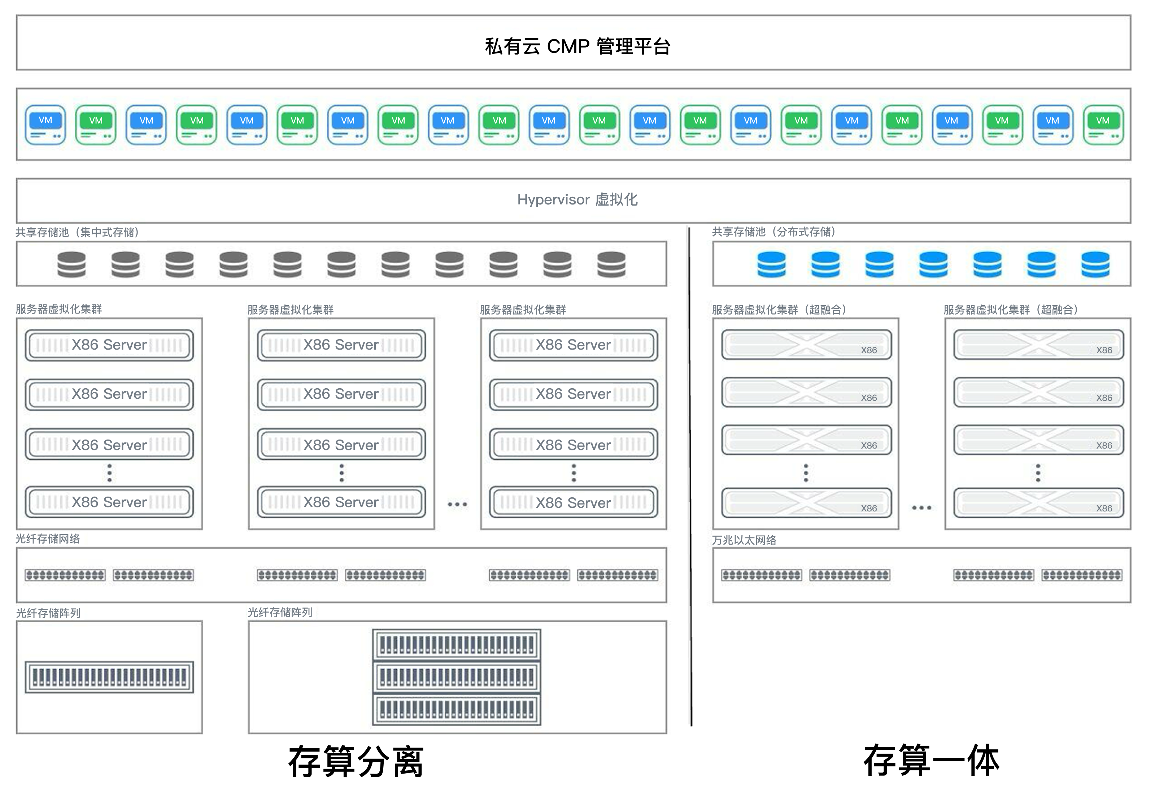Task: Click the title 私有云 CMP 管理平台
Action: [577, 46]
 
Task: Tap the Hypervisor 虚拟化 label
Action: [577, 199]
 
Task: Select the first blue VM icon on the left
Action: [45, 125]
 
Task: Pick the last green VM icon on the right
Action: [1103, 125]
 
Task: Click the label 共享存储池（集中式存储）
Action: [77, 233]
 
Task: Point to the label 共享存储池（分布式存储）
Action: [773, 232]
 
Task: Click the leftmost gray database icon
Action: [71, 264]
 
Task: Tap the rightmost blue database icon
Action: [1095, 264]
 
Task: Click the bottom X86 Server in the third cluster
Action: [573, 502]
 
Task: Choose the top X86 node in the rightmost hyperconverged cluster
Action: [1038, 345]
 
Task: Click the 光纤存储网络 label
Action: [48, 538]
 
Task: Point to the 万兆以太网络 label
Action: [744, 540]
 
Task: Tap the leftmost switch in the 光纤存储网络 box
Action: [65, 575]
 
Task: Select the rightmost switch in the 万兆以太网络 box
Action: [1082, 575]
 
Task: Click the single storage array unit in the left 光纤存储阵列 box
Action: [109, 677]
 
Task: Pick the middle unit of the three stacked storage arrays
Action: [456, 677]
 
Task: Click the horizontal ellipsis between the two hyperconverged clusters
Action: [921, 508]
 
